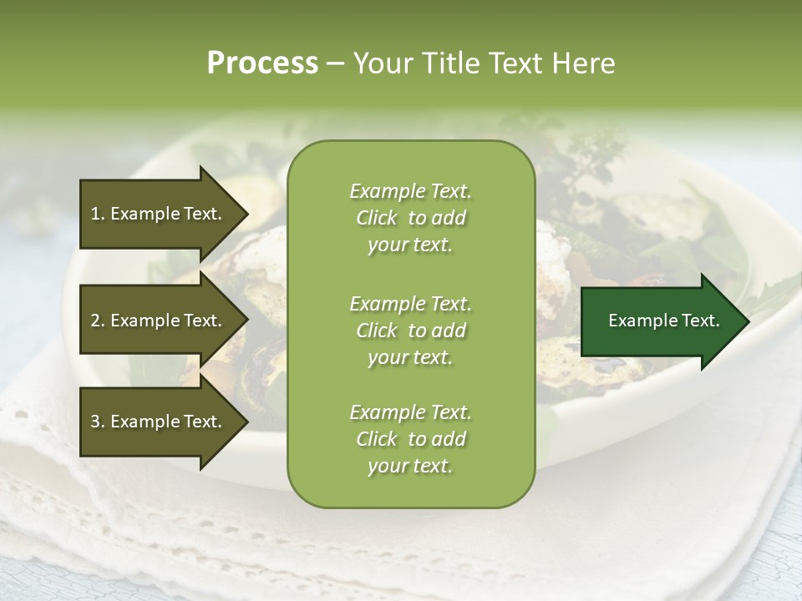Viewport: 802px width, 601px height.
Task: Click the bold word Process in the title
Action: [x=262, y=63]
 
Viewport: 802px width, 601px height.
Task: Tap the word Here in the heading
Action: [x=582, y=63]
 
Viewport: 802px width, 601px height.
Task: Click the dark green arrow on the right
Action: [x=660, y=321]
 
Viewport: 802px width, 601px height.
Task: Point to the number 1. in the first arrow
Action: [x=97, y=214]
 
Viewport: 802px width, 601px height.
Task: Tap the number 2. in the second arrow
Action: [x=97, y=321]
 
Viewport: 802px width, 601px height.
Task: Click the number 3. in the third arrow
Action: [x=97, y=422]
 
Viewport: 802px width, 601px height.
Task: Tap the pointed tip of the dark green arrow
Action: [x=747, y=321]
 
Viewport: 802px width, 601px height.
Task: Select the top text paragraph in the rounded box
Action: [x=410, y=218]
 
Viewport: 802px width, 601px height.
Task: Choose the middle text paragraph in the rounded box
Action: [x=410, y=330]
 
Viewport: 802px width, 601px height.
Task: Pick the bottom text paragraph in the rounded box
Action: [x=410, y=439]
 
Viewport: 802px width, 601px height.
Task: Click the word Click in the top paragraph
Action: [x=377, y=218]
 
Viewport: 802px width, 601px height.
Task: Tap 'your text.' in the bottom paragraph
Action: [x=410, y=467]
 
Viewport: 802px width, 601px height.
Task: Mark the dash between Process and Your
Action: [x=336, y=63]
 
